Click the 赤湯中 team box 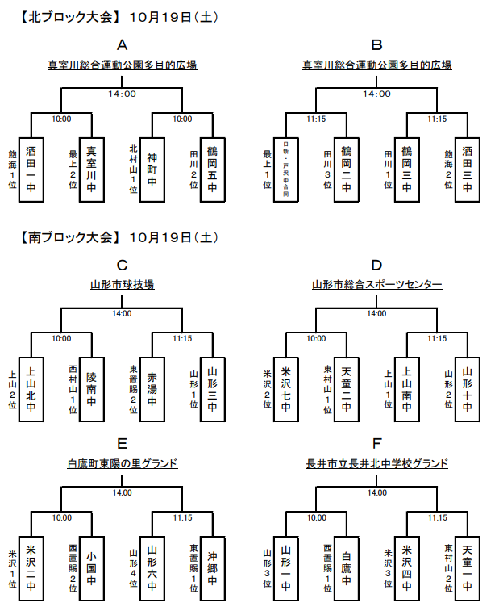152,389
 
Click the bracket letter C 122,265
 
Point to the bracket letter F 376,443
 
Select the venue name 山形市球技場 123,284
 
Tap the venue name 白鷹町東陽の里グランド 123,463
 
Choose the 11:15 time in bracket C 182,339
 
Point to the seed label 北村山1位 134,165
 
